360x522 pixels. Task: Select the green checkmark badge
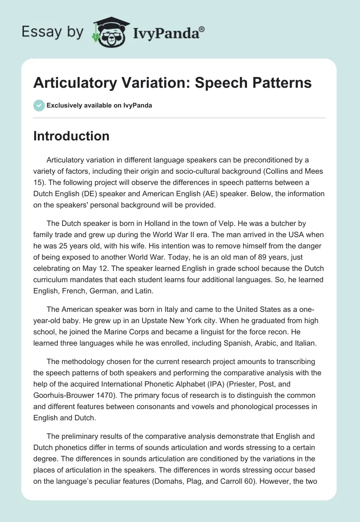(x=39, y=105)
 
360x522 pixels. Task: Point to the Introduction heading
(x=71, y=136)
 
